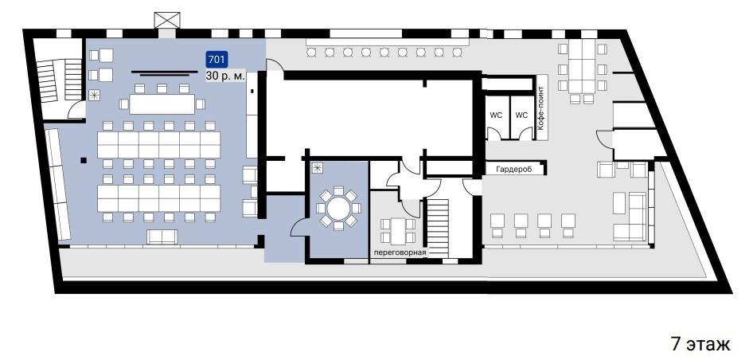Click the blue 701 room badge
point(217,60)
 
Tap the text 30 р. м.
point(226,76)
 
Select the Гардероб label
point(514,169)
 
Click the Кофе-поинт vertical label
point(540,108)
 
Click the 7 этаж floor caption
point(700,344)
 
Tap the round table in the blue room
point(338,209)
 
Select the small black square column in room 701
point(84,161)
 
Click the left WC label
point(496,115)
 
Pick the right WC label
point(521,115)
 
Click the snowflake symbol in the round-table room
point(317,168)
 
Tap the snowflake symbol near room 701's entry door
point(94,95)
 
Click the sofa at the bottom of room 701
point(162,237)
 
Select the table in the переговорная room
point(397,231)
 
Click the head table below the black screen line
point(162,104)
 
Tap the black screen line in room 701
point(165,72)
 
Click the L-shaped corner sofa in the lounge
point(630,217)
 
